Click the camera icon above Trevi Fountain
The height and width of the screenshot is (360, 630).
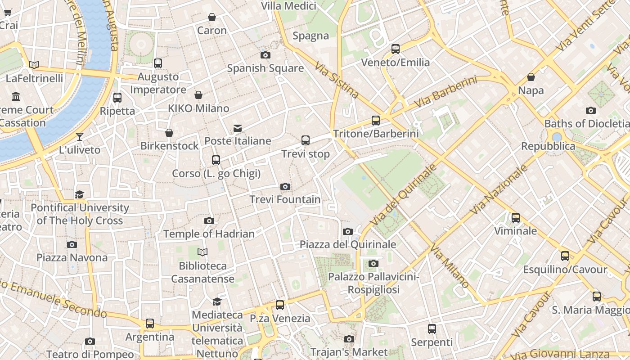pos(285,186)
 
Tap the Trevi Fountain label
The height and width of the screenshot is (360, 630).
pos(285,199)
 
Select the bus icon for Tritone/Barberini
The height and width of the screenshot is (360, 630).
pos(376,120)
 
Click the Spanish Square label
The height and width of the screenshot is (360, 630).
pos(265,68)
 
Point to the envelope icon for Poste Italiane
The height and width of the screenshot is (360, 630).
pos(238,128)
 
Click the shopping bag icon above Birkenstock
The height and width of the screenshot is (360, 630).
pos(169,133)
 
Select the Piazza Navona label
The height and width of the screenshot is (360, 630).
pos(72,258)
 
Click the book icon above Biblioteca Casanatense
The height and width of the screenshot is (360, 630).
pos(202,252)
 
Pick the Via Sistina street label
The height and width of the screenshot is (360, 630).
pos(337,80)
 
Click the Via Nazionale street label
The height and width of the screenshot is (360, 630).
pos(498,189)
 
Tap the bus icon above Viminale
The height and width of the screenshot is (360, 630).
pos(516,218)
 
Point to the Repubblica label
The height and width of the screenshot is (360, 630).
pos(548,146)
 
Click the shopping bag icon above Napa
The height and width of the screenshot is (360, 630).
pos(531,77)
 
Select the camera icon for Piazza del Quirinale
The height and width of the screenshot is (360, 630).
pos(348,231)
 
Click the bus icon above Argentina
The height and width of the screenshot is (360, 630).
pos(150,324)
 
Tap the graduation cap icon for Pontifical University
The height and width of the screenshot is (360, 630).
pos(80,194)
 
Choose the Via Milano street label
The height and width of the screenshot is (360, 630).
pos(450,266)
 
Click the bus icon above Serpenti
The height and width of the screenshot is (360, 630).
pos(432,329)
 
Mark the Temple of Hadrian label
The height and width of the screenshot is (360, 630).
pos(209,234)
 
